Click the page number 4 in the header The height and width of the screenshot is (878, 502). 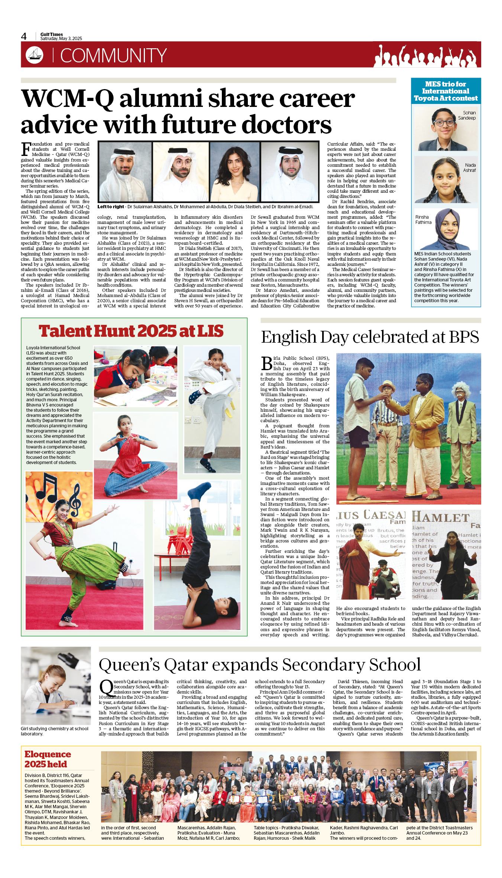[24, 36]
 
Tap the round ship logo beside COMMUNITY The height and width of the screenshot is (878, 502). [34, 55]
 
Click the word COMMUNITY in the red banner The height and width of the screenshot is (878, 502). [113, 56]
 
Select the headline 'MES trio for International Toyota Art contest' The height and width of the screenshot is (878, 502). [446, 91]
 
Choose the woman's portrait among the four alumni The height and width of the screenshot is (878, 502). [235, 172]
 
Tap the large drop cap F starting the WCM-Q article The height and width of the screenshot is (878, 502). [26, 149]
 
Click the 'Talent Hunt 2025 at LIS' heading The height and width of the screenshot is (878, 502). [131, 331]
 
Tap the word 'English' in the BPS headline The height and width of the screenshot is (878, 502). [288, 337]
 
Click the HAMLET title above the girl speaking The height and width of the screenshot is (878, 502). [440, 517]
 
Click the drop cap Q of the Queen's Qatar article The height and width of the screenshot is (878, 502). [106, 687]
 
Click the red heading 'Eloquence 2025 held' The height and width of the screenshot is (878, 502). [47, 759]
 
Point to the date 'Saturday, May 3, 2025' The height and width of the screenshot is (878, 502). [61, 39]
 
